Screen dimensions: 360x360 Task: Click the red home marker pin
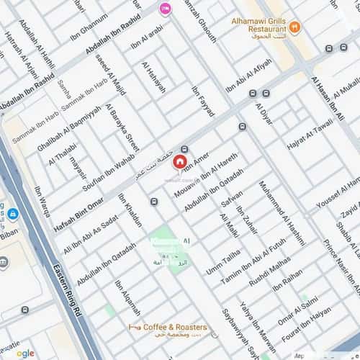[179, 162]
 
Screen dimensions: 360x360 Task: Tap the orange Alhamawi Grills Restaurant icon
[295, 27]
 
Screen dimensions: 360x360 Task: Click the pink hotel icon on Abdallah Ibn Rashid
[165, 9]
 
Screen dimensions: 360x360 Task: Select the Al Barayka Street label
[122, 127]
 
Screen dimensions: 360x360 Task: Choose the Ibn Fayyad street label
[203, 102]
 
